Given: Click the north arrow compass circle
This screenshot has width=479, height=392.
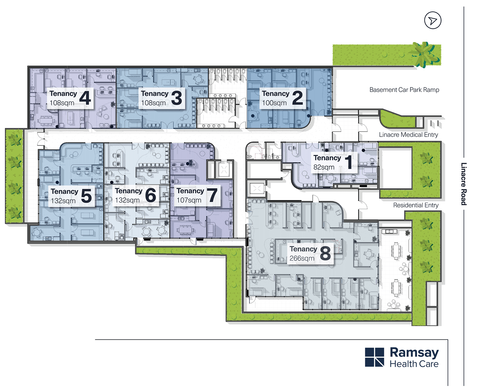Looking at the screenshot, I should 432,20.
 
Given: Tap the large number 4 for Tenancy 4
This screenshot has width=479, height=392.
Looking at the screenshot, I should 85,98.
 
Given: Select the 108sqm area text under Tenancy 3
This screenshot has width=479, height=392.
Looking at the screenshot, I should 153,103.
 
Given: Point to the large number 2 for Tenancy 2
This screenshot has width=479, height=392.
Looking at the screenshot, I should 298,98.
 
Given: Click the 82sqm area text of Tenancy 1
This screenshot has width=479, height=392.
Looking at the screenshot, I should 324,167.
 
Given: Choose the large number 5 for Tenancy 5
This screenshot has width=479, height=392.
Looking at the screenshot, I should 86,196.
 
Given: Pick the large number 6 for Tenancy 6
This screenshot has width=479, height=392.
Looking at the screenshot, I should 150,195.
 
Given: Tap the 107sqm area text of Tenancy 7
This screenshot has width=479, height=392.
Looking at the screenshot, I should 189,200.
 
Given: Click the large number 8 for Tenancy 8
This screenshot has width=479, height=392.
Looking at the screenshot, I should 325,253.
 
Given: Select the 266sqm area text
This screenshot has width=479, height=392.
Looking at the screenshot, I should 302,258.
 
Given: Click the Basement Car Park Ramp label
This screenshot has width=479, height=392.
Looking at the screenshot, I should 404,90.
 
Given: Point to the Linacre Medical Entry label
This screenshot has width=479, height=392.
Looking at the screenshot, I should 408,135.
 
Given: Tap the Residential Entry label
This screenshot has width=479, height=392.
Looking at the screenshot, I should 416,205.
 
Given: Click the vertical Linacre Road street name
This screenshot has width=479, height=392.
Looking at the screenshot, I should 464,184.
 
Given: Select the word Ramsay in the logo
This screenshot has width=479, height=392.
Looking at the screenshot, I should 414,353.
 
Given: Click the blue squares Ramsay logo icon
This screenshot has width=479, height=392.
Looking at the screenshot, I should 374,357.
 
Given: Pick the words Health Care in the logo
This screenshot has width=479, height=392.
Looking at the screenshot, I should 414,364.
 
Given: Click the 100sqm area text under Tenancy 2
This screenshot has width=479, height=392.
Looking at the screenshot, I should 274,103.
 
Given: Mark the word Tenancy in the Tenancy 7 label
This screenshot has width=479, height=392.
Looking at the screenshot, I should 190,191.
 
